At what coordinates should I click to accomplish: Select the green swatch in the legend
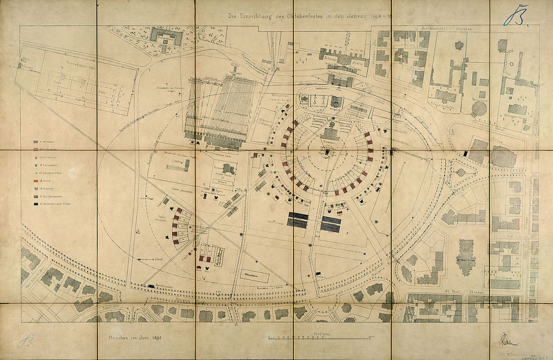point(35,166)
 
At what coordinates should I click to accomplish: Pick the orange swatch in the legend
point(35,180)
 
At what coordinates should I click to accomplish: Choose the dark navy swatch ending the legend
point(35,204)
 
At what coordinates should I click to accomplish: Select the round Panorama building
point(503,157)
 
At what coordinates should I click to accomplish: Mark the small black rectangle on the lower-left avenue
point(151,285)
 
